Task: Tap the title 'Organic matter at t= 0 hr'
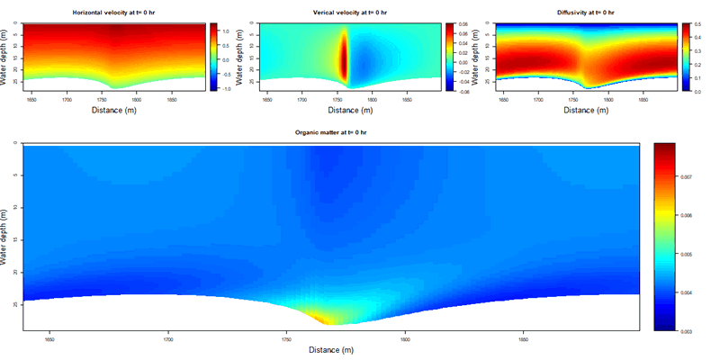pos(330,132)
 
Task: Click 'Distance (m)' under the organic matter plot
pos(330,351)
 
